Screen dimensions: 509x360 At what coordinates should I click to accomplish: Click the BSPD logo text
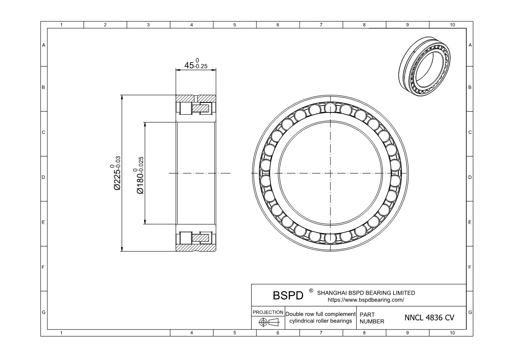point(288,295)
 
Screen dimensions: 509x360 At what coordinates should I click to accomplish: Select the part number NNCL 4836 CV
point(429,318)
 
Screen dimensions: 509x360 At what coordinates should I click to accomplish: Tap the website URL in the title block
point(366,300)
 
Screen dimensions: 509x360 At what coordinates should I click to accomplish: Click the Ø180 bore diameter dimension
point(139,176)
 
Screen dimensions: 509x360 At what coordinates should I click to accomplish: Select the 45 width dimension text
point(196,65)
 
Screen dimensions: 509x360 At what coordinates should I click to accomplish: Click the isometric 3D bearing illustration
point(425,66)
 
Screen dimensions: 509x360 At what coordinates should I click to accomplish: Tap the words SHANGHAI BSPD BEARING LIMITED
point(366,293)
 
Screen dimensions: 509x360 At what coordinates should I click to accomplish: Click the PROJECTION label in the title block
point(268,312)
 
